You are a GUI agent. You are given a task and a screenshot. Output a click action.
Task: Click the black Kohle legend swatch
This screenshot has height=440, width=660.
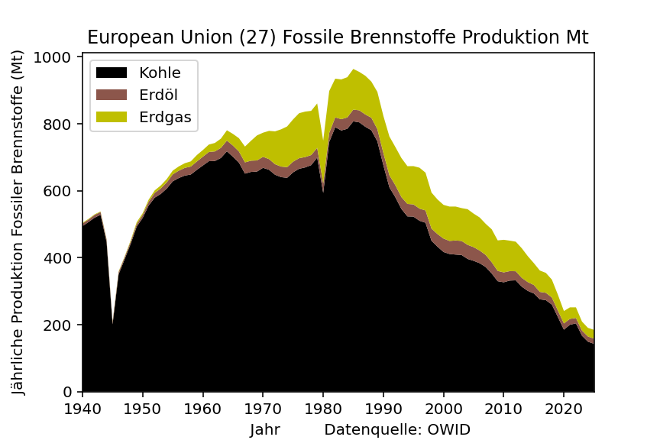pyautogui.click(x=112, y=73)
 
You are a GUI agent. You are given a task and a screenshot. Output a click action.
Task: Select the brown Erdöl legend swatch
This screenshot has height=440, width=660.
pyautogui.click(x=112, y=95)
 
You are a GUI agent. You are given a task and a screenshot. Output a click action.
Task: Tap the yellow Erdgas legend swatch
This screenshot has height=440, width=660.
pyautogui.click(x=112, y=117)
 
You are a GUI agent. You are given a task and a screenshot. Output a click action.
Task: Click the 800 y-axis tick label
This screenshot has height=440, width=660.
pyautogui.click(x=57, y=125)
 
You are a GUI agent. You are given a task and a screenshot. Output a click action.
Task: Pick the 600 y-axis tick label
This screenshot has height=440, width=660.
pyautogui.click(x=57, y=191)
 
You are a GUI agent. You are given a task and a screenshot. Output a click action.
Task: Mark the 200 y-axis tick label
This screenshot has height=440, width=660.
pyautogui.click(x=57, y=325)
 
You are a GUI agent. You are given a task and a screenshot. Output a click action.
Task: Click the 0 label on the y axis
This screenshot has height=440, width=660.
pyautogui.click(x=67, y=392)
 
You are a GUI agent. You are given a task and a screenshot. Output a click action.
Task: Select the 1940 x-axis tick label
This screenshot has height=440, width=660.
pyautogui.click(x=82, y=409)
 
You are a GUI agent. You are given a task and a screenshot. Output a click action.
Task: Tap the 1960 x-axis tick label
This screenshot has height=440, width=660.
pyautogui.click(x=203, y=409)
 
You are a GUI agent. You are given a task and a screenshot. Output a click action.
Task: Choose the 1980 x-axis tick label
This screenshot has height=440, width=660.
pyautogui.click(x=323, y=409)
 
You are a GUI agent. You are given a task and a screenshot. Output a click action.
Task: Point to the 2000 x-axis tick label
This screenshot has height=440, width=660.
pyautogui.click(x=444, y=409)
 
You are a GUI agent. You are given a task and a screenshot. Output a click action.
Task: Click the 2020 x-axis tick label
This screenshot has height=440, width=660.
pyautogui.click(x=564, y=409)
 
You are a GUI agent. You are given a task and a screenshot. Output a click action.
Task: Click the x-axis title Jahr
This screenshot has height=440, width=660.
pyautogui.click(x=265, y=429)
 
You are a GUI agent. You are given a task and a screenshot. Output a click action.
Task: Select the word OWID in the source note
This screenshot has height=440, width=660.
pyautogui.click(x=448, y=429)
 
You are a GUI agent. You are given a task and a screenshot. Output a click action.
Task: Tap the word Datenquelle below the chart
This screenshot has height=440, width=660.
pyautogui.click(x=373, y=429)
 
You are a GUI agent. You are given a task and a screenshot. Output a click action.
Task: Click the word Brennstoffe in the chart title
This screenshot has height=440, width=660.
pyautogui.click(x=403, y=37)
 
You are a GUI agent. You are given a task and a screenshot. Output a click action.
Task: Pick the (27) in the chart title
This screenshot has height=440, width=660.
pyautogui.click(x=257, y=37)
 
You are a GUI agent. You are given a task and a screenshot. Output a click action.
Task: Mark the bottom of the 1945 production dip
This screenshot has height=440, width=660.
pyautogui.click(x=112, y=324)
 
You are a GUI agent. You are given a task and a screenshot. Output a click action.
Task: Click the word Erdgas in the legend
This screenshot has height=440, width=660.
pyautogui.click(x=165, y=118)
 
